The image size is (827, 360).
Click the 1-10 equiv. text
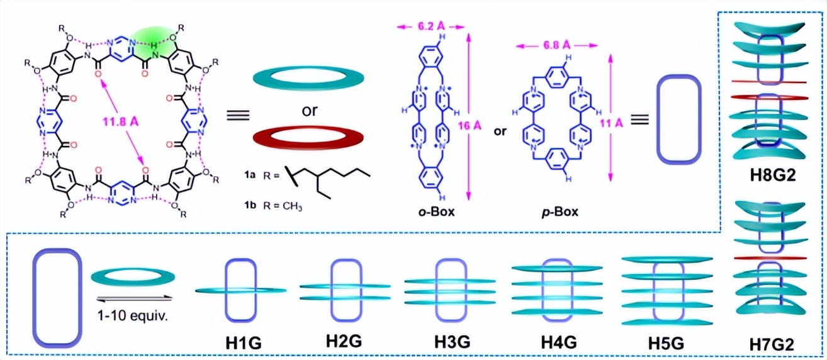[x=133, y=314]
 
